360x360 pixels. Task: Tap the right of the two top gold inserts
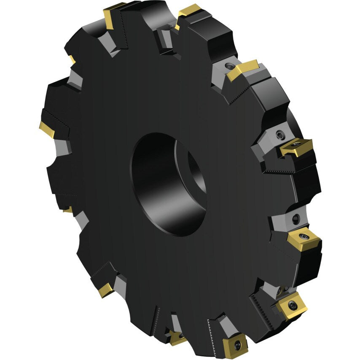tap(188, 12)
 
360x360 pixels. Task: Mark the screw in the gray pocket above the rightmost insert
tap(295, 218)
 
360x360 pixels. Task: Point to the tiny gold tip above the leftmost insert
tap(72, 59)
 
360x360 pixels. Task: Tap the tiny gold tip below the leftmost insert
tap(67, 210)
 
